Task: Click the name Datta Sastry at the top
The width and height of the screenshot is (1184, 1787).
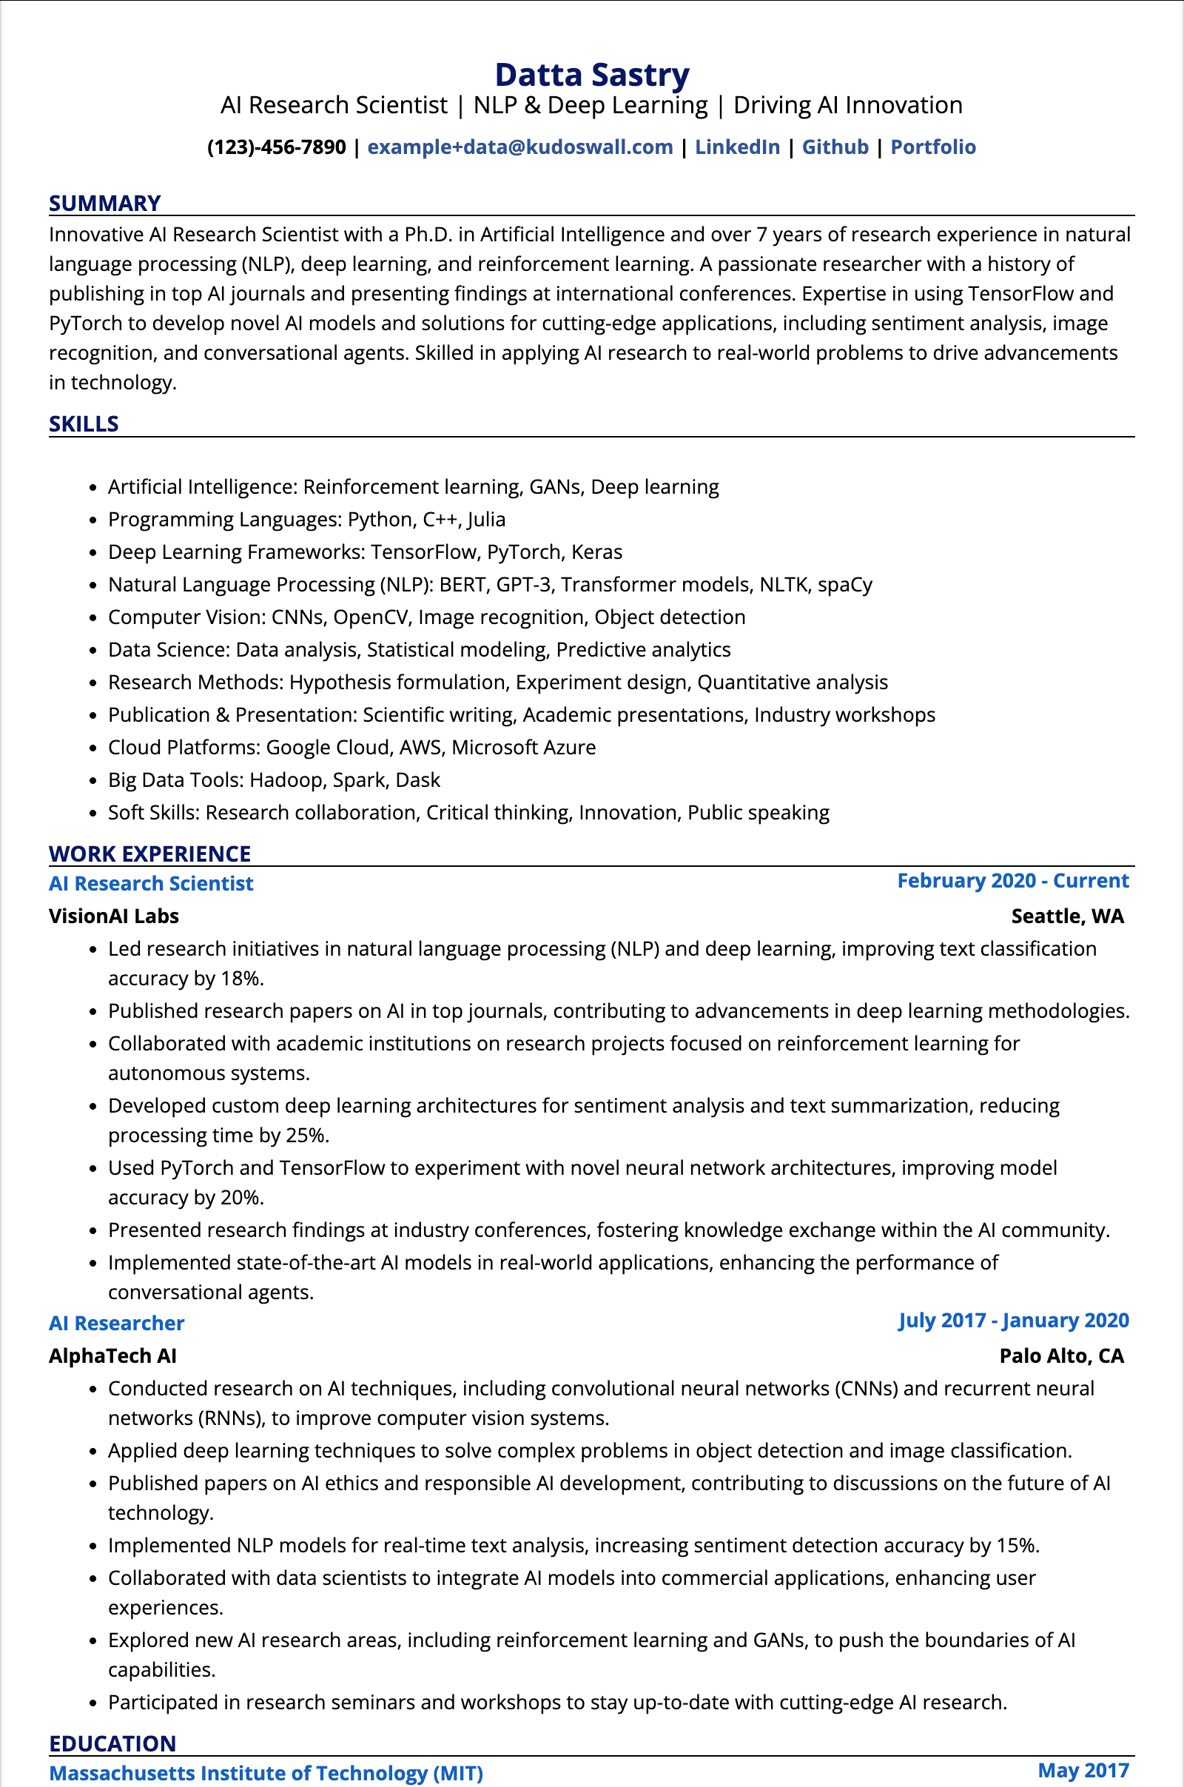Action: coord(591,75)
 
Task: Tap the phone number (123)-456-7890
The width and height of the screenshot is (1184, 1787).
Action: coord(276,147)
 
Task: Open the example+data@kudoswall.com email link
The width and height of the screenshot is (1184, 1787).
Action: coord(519,147)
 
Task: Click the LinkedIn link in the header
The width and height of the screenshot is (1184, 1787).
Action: coord(737,147)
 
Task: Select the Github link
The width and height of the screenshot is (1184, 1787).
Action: coord(835,147)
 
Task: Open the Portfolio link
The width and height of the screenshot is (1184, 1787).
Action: coord(932,147)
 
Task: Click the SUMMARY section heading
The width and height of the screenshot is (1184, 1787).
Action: coord(105,203)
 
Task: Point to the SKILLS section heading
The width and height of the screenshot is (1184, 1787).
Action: coord(84,423)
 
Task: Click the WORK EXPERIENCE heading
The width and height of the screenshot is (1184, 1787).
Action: coord(149,854)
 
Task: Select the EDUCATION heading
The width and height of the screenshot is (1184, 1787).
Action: coord(112,1743)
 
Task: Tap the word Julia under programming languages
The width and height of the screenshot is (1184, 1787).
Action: coord(486,520)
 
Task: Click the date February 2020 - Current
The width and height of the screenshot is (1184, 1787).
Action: coord(1012,881)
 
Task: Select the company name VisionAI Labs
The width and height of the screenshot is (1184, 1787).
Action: coord(114,916)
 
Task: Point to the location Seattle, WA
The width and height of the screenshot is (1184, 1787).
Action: coord(1067,916)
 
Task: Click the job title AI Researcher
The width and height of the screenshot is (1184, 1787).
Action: coord(117,1324)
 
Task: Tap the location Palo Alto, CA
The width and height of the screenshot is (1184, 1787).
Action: coord(1061,1355)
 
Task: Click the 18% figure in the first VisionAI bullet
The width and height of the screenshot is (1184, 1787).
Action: coord(240,978)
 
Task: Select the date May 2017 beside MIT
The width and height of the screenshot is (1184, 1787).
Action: coord(1083,1771)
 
